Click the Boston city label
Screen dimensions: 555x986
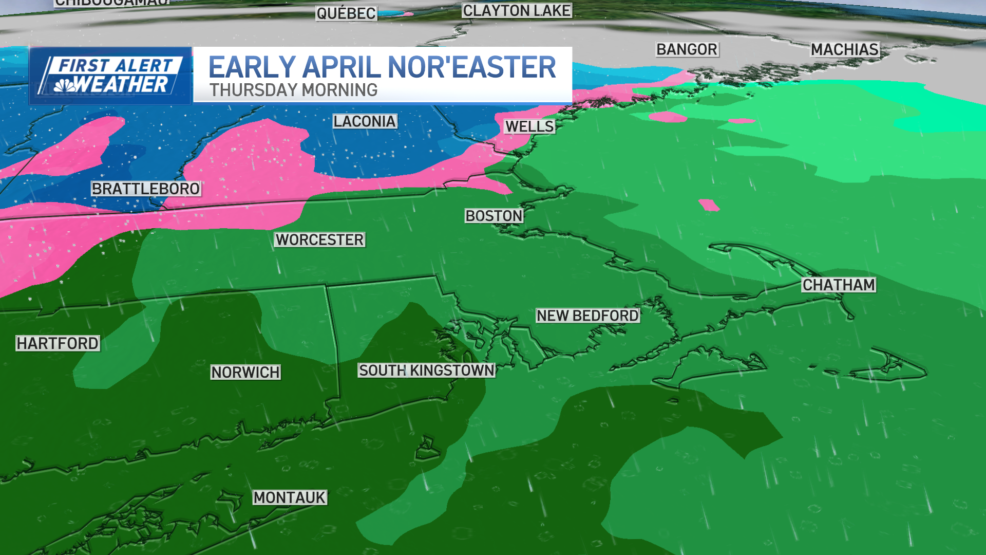pyautogui.click(x=494, y=216)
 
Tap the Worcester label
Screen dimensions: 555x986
pyautogui.click(x=319, y=239)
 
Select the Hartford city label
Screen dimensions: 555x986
pyautogui.click(x=58, y=343)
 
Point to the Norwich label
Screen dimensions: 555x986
pyautogui.click(x=245, y=372)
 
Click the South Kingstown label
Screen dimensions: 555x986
pyautogui.click(x=426, y=370)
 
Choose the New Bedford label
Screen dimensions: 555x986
pyautogui.click(x=587, y=316)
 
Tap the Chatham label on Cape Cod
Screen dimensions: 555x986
pyautogui.click(x=839, y=285)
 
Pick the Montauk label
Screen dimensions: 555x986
pyautogui.click(x=290, y=497)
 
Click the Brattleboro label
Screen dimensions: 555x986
pyautogui.click(x=146, y=189)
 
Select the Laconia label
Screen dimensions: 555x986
pyautogui.click(x=365, y=121)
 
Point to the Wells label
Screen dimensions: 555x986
pyautogui.click(x=529, y=126)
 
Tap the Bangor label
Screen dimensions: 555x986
pyautogui.click(x=687, y=49)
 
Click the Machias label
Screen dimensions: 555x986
pyautogui.click(x=845, y=49)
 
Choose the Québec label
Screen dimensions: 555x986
pyautogui.click(x=346, y=13)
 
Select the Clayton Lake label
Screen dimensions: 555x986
pyautogui.click(x=517, y=10)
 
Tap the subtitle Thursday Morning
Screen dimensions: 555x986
pyautogui.click(x=293, y=90)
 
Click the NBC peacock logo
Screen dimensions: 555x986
pyautogui.click(x=65, y=85)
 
